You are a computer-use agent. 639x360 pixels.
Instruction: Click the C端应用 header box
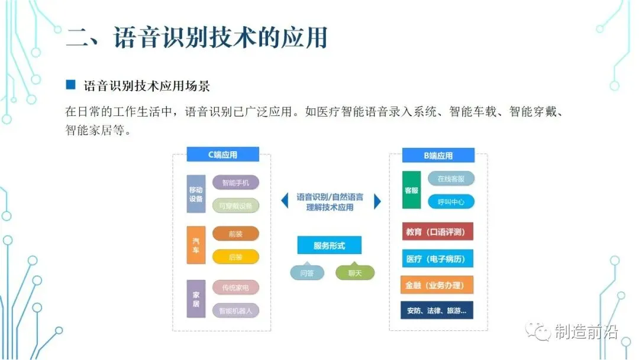point(222,155)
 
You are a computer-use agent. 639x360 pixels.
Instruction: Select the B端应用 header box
point(438,156)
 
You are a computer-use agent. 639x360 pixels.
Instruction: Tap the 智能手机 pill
point(235,183)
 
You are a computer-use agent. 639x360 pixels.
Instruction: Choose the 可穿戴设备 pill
point(235,205)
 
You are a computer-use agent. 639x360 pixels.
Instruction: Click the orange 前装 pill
point(235,234)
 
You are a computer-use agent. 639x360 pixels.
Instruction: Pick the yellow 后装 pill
point(235,257)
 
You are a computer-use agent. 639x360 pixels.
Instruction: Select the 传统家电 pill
point(235,288)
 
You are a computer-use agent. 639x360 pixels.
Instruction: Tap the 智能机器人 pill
point(235,310)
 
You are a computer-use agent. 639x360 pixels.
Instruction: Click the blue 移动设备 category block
point(196,194)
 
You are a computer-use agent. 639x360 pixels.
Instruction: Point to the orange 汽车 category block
point(196,245)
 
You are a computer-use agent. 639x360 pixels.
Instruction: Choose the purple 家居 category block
point(196,299)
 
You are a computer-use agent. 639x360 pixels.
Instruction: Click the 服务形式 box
point(329,245)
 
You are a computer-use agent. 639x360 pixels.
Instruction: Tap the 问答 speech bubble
point(307,272)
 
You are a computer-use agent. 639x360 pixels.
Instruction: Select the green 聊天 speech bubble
point(355,272)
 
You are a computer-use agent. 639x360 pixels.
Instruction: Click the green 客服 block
point(411,190)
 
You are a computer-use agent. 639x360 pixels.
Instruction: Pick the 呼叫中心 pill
point(451,202)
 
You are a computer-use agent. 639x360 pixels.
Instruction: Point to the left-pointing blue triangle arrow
point(285,201)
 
